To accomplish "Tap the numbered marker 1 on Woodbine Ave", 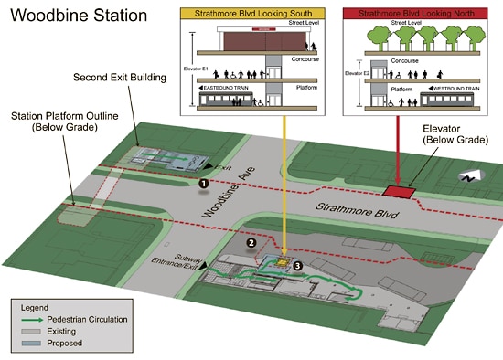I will pos(203,183).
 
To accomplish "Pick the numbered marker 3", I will pos(296,266).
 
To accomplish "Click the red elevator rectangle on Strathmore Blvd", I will pos(399,191).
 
